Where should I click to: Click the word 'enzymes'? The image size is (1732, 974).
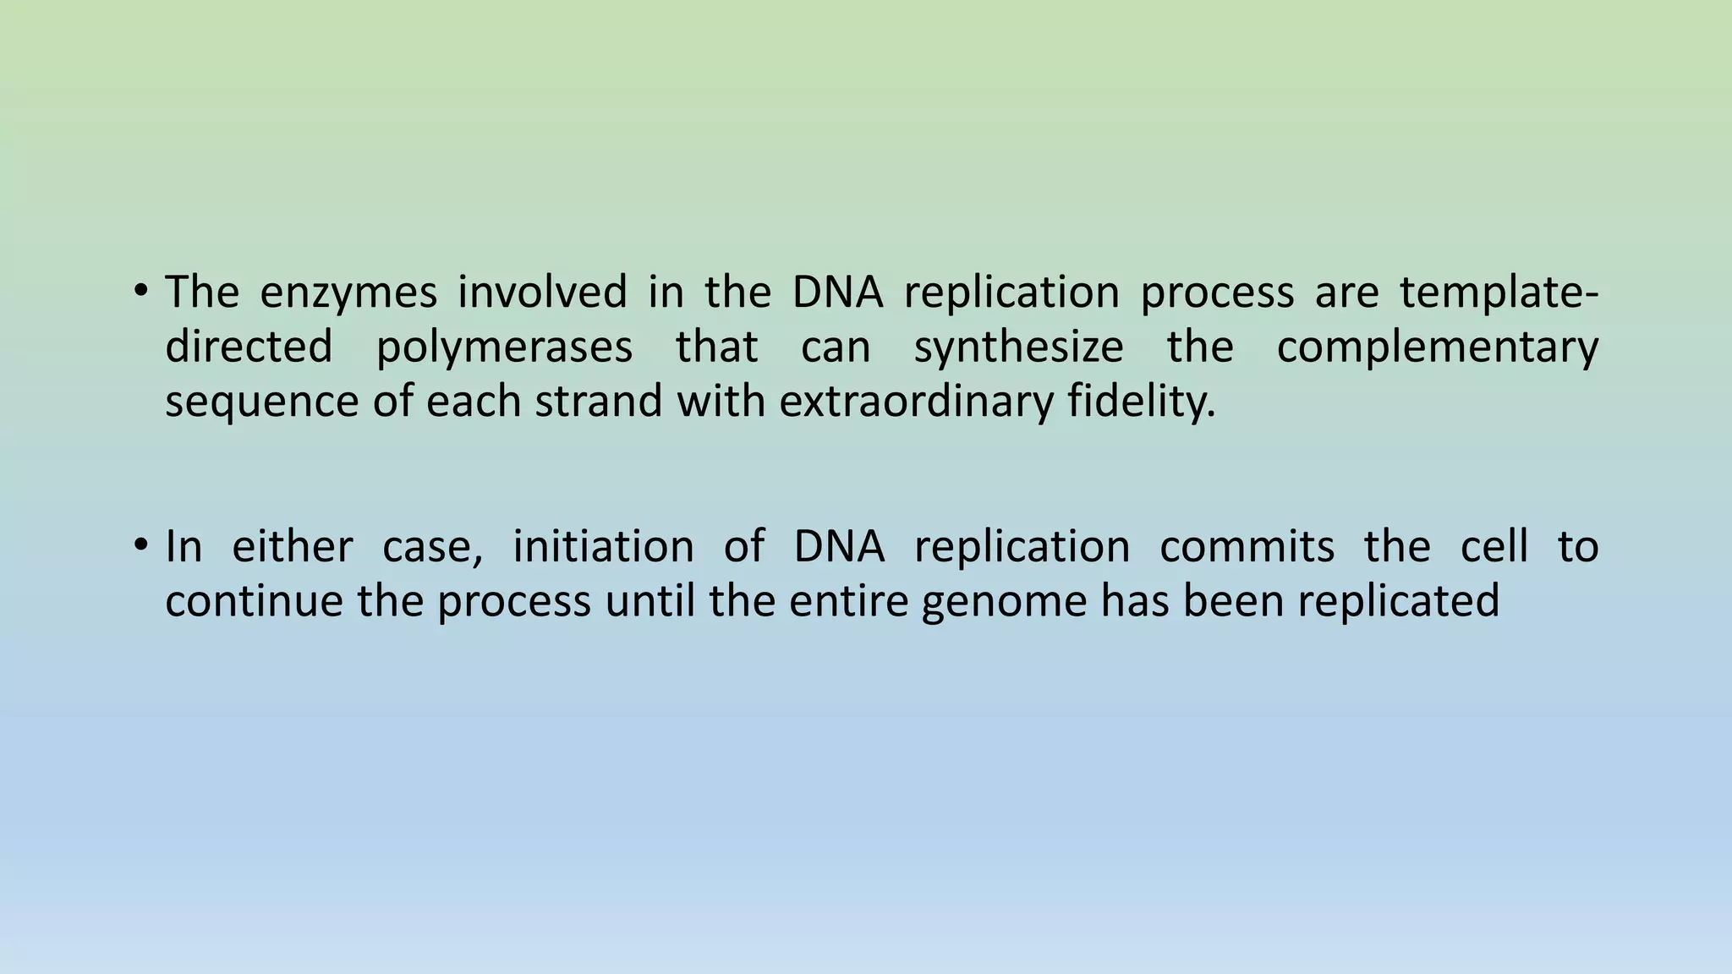pos(348,293)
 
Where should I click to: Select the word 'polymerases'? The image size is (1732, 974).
pos(504,347)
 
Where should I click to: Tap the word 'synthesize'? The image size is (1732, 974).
pos(1018,347)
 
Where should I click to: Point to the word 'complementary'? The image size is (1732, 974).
pos(1437,347)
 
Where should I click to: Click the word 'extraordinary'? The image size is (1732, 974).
pos(916,402)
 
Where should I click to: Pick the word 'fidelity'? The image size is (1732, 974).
pos(1140,402)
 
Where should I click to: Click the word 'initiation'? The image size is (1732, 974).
pos(603,546)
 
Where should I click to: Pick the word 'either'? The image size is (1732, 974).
pos(292,546)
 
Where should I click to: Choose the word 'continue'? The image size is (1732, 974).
pos(254,601)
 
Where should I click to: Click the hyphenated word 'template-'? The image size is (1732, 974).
pos(1499,293)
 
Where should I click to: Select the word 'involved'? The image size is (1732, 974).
pos(542,293)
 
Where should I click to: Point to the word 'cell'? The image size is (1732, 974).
pos(1494,546)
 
